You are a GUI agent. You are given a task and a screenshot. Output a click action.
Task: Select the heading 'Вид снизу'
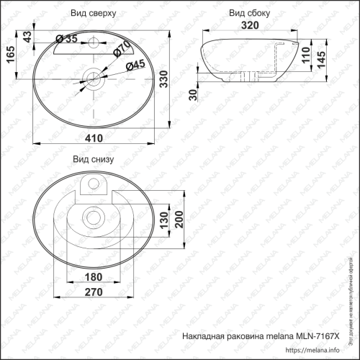point(91,160)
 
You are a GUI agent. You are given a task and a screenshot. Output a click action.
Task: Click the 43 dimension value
point(27,37)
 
